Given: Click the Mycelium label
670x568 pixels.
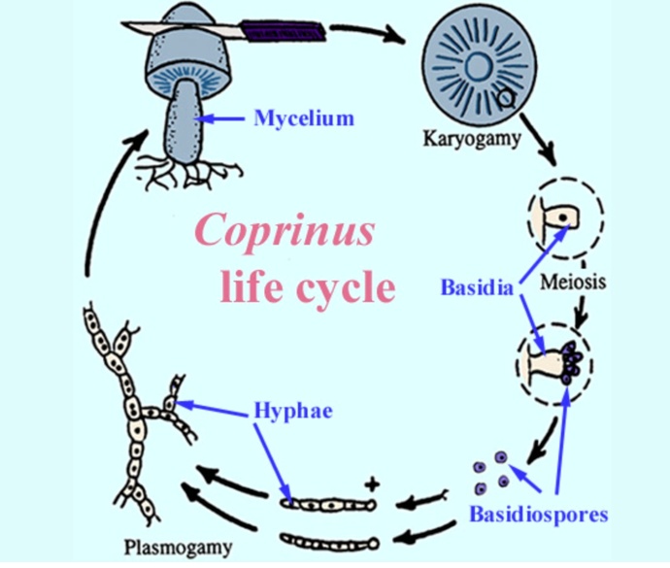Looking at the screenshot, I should coord(304,118).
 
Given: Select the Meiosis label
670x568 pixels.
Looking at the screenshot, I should coord(573,283).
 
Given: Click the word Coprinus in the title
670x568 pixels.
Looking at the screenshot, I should coord(285,231).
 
